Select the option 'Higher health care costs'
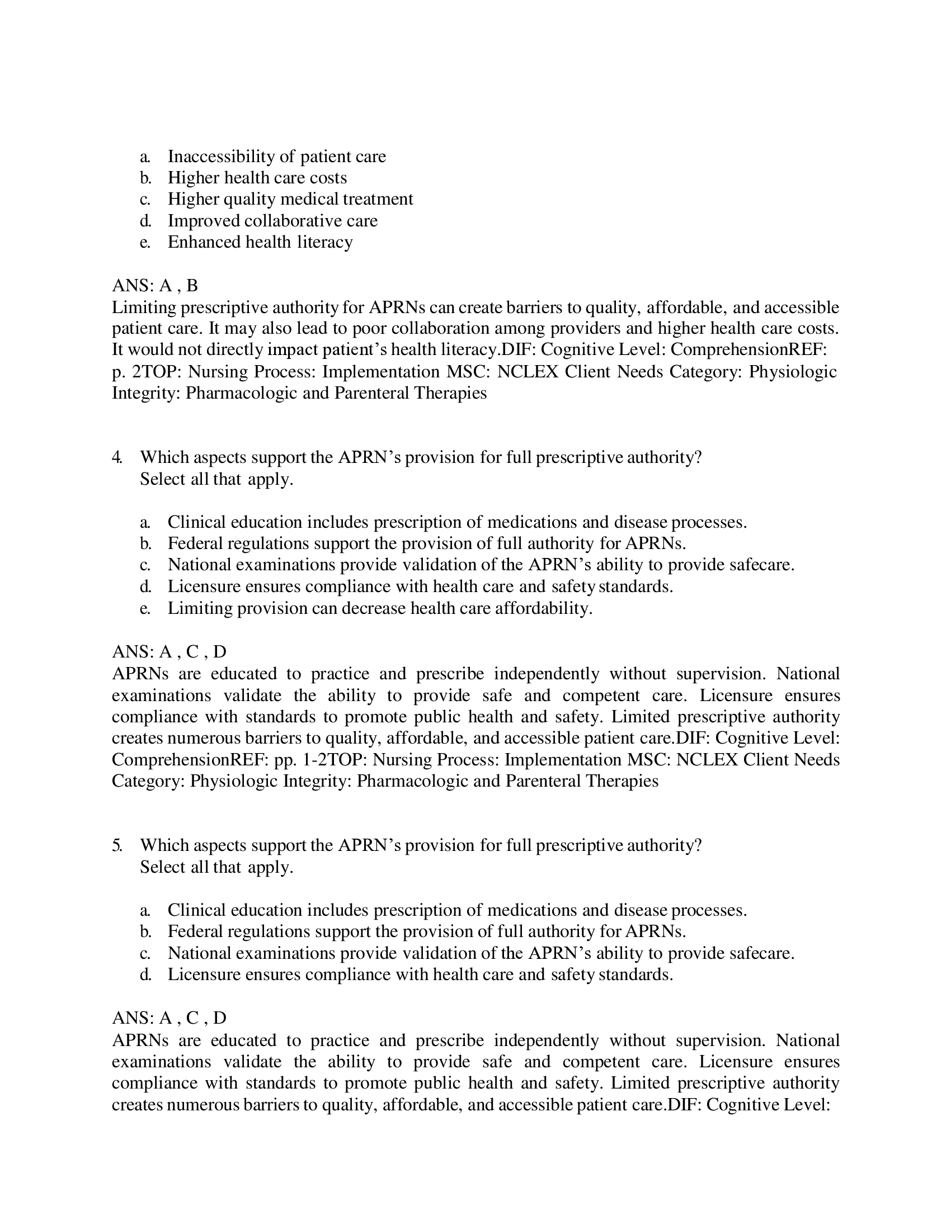click(x=257, y=177)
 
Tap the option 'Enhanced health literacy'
click(x=260, y=242)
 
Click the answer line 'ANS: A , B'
click(x=155, y=286)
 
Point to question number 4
click(x=116, y=457)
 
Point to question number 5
click(x=116, y=845)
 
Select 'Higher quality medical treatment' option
click(x=290, y=199)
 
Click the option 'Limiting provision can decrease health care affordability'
click(x=380, y=608)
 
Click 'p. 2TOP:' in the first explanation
click(x=147, y=372)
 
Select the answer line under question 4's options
click(x=169, y=651)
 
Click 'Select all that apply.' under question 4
click(x=216, y=479)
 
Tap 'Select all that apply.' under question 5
click(x=216, y=867)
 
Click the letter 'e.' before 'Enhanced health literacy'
click(x=145, y=242)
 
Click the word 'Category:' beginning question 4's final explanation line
click(x=148, y=781)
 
